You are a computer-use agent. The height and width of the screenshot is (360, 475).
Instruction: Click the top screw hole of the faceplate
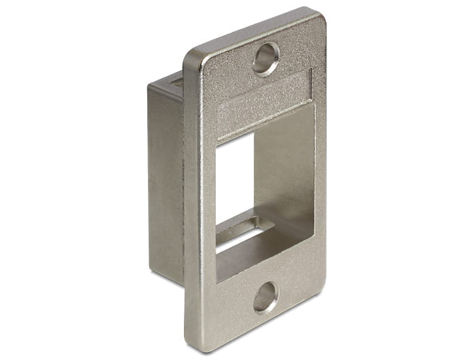point(266,59)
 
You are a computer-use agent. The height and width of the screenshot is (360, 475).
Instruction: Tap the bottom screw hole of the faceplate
point(265,297)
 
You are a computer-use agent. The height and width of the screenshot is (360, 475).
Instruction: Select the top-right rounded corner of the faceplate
point(313,15)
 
